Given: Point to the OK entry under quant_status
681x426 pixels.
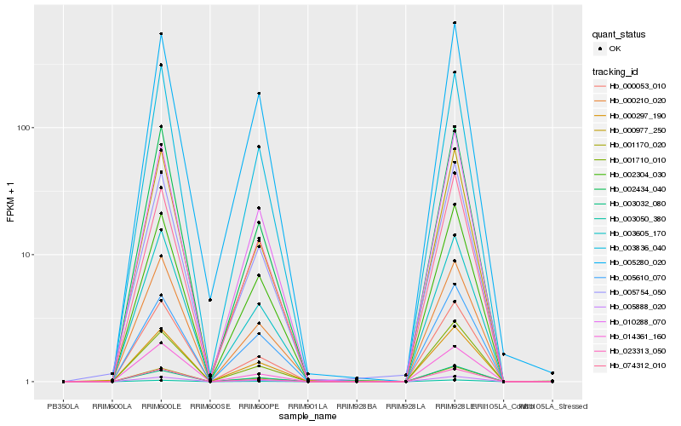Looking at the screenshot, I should [x=614, y=49].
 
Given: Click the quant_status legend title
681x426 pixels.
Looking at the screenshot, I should [x=620, y=34].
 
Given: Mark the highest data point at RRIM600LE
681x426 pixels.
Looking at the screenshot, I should [x=161, y=34].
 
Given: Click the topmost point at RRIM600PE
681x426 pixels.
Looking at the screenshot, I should [x=258, y=94].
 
